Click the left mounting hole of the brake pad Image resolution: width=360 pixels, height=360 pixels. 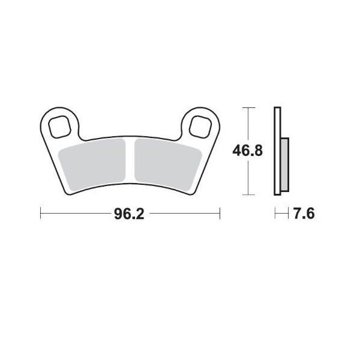60,125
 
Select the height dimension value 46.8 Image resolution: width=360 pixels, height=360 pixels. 248,151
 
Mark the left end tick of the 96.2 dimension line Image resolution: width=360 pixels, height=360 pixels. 40,214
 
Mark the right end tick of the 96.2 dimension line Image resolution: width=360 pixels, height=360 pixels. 220,214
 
